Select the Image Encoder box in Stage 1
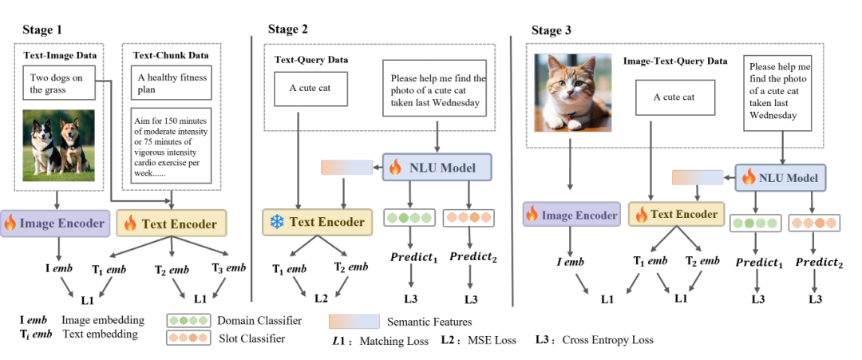[x=53, y=224]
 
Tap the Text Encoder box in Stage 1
[x=172, y=224]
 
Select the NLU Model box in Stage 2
[x=437, y=168]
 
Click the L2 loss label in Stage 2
[x=320, y=298]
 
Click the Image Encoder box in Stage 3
[x=571, y=215]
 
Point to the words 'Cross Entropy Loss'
[x=607, y=340]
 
